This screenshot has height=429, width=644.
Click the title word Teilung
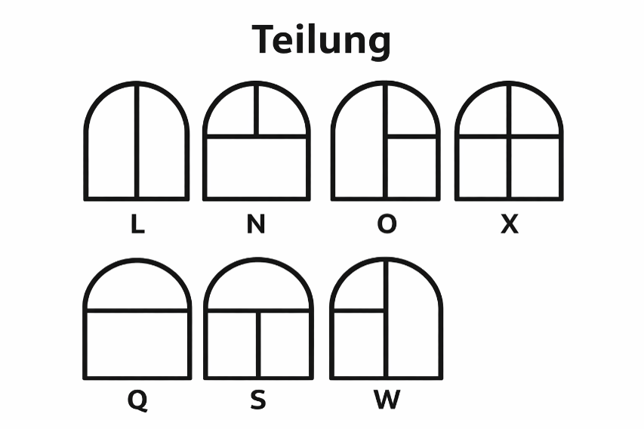321,41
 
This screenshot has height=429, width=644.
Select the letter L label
137,224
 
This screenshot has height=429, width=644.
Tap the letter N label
256,224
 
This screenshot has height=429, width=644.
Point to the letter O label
387,224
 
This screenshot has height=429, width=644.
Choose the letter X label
510,224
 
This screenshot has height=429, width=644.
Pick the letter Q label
137,400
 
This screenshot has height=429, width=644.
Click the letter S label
258,400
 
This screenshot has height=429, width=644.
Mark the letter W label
387,400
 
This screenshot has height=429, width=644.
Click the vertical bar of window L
137,141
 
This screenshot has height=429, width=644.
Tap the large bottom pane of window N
256,168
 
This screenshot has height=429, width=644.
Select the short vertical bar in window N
256,110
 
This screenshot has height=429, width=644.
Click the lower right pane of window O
411,168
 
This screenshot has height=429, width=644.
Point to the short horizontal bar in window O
412,137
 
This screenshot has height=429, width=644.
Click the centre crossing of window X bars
509,137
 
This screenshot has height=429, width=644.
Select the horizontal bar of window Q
137,310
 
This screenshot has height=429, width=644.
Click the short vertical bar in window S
258,344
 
